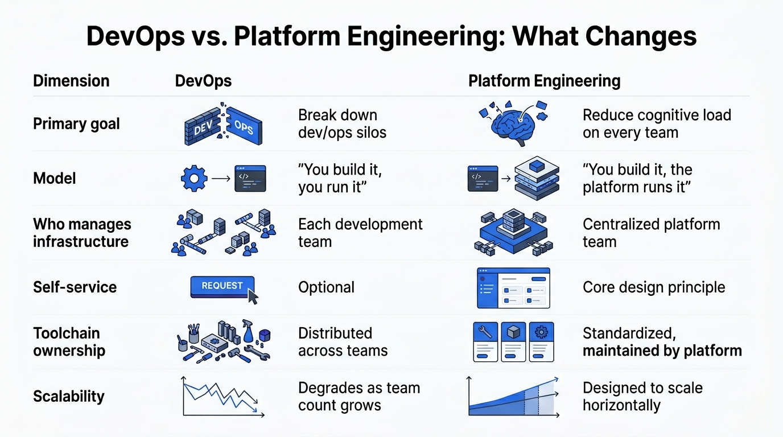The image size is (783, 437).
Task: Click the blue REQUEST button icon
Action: [x=222, y=286]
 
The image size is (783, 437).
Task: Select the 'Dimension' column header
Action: [x=71, y=81]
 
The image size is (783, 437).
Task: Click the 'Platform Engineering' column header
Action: [x=544, y=81]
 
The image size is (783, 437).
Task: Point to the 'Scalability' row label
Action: [x=69, y=396]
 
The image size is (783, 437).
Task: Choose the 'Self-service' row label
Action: [x=75, y=287]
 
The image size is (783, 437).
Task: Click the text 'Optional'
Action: [x=326, y=287]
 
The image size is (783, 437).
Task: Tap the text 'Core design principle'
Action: [x=654, y=287]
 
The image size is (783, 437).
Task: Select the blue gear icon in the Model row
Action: [x=193, y=179]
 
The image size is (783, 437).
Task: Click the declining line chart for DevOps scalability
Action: [x=222, y=397]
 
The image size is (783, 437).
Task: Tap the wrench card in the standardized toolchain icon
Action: [x=486, y=341]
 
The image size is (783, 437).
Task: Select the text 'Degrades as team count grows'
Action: [x=358, y=397]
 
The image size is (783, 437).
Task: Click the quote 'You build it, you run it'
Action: [x=340, y=179]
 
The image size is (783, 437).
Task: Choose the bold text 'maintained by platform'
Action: [x=662, y=351]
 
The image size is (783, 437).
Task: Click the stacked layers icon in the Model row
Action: [x=536, y=179]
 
